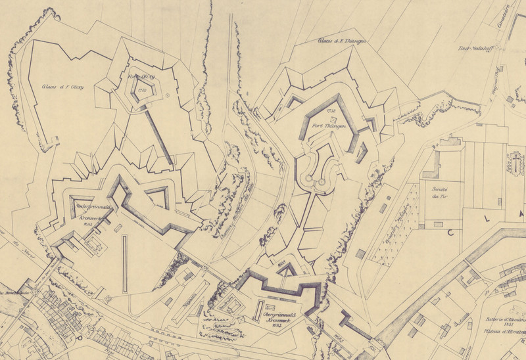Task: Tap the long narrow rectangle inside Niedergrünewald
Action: pos(124,263)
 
